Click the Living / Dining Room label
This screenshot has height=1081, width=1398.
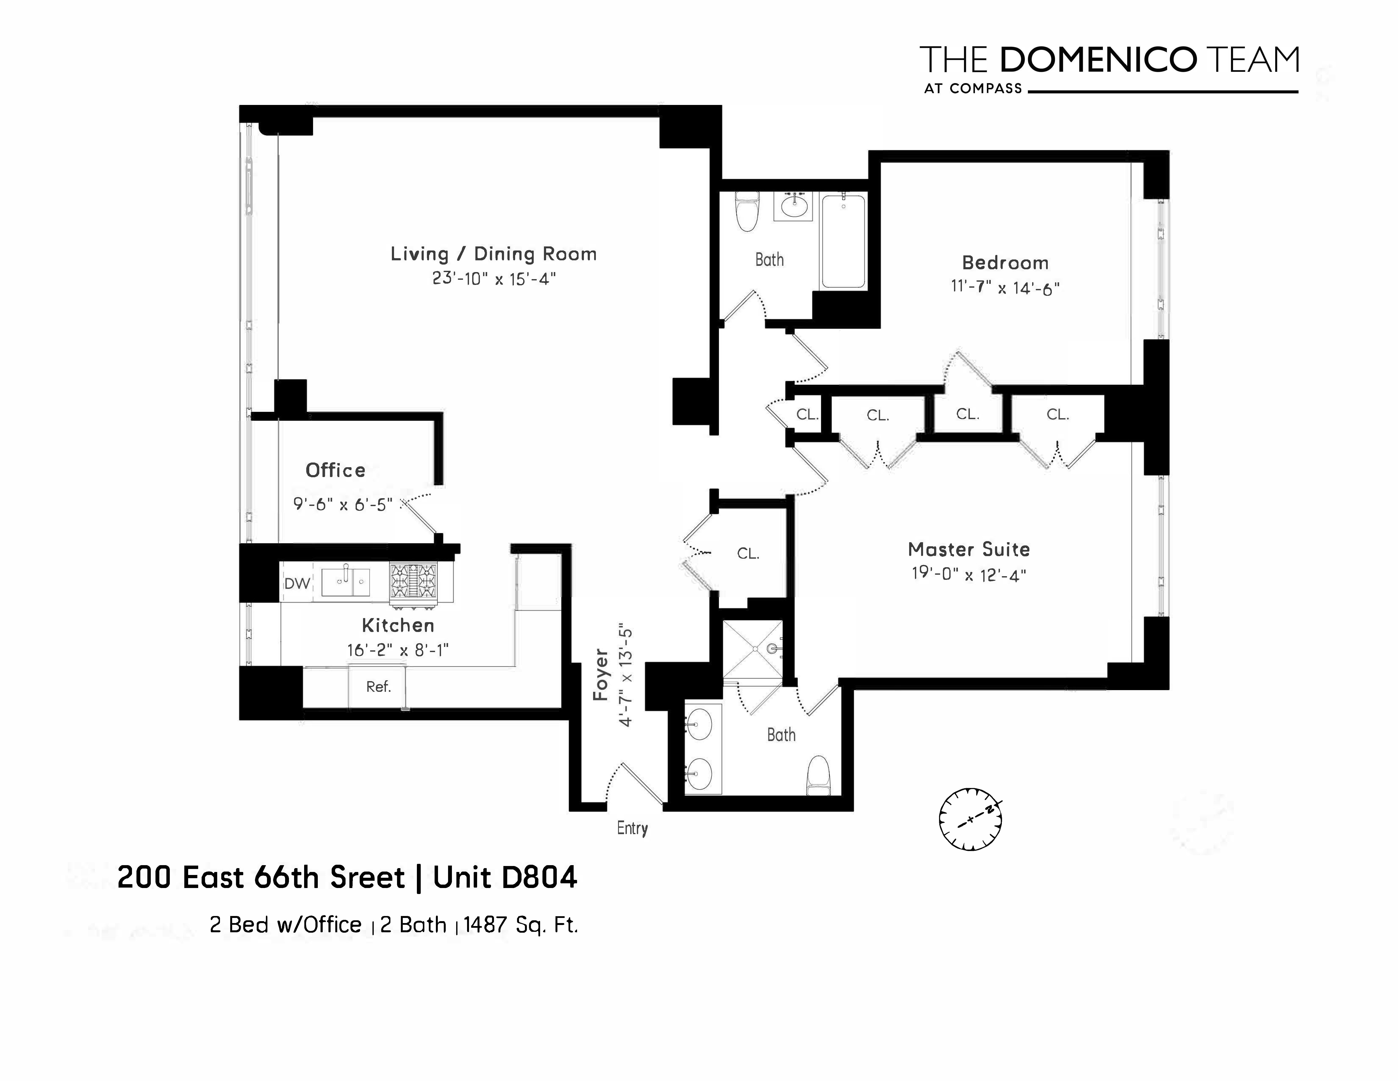tap(494, 254)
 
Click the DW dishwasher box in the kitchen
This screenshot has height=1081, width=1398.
tap(297, 583)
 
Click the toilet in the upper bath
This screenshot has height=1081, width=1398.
tap(746, 211)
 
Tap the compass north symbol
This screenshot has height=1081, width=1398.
tap(970, 819)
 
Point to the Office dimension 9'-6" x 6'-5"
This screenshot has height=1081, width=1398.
tap(343, 505)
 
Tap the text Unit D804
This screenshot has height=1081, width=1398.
tap(505, 877)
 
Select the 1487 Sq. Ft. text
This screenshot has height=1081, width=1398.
tap(520, 925)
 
